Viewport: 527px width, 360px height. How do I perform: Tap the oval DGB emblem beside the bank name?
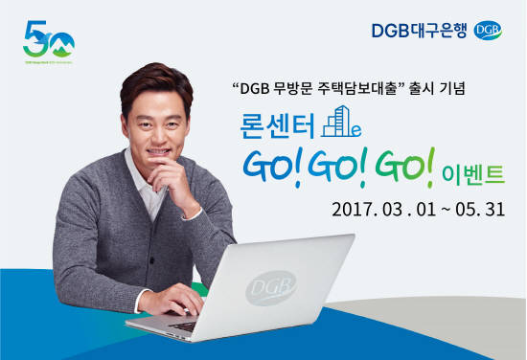tap(487, 31)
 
